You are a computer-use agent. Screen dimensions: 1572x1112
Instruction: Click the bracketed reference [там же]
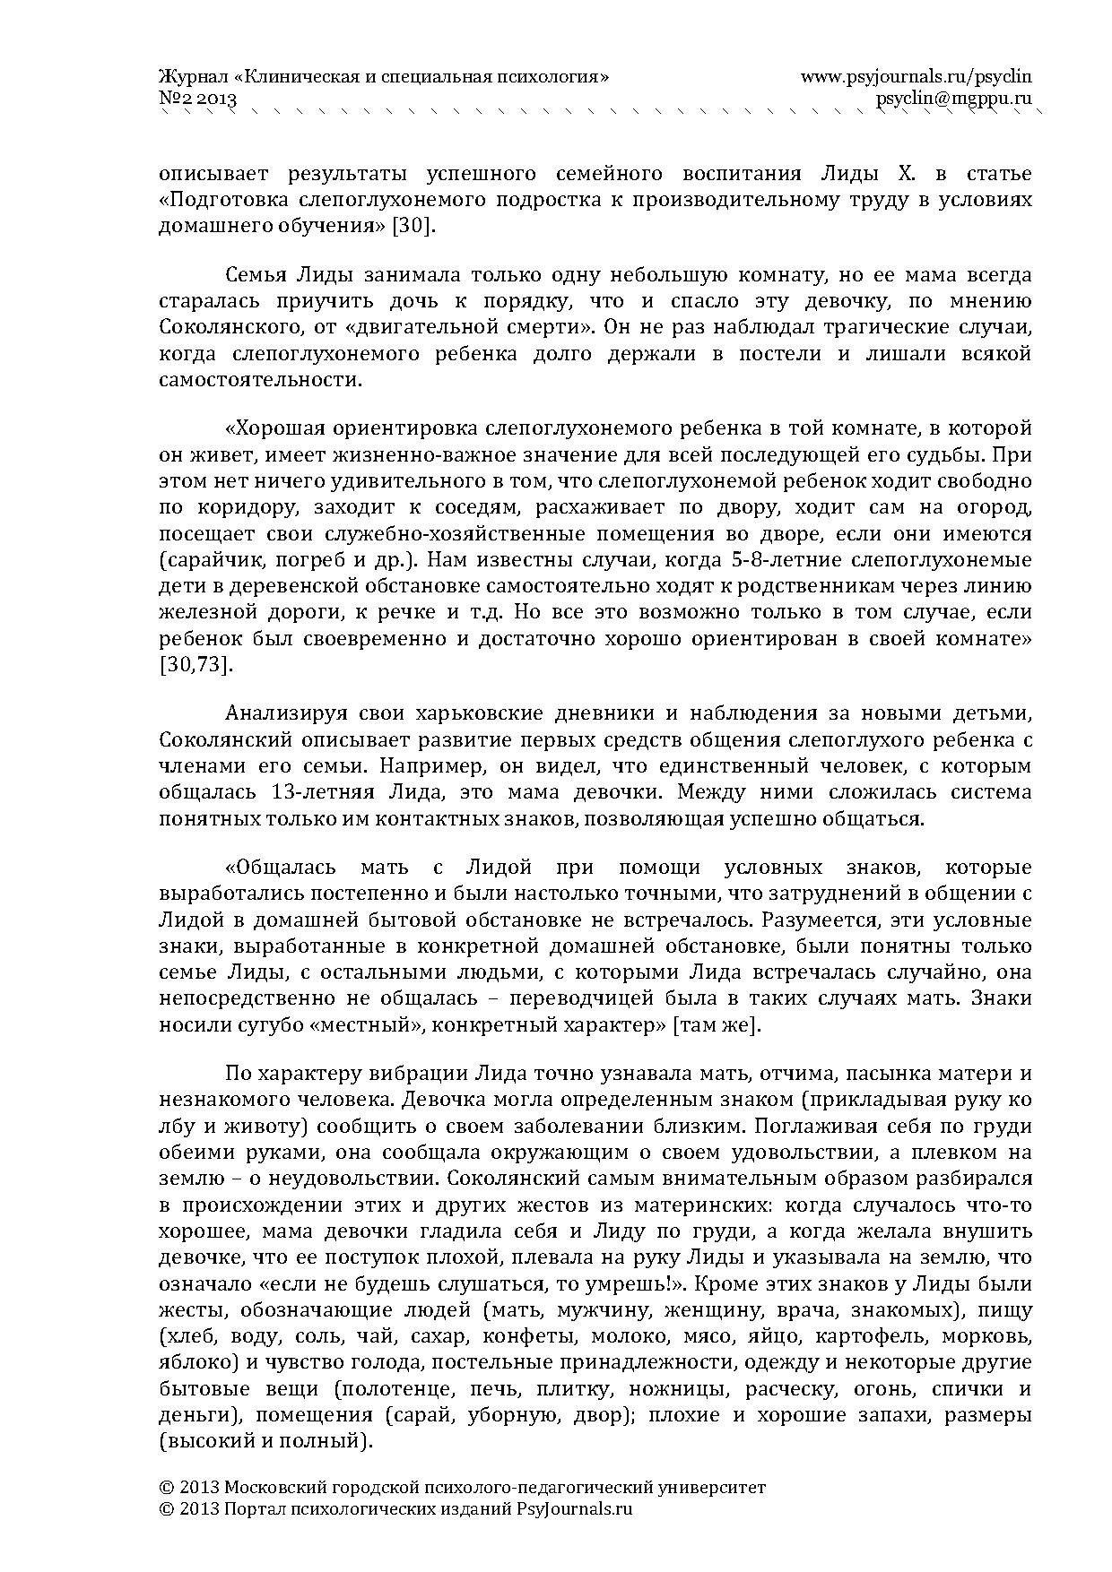point(717,1025)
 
